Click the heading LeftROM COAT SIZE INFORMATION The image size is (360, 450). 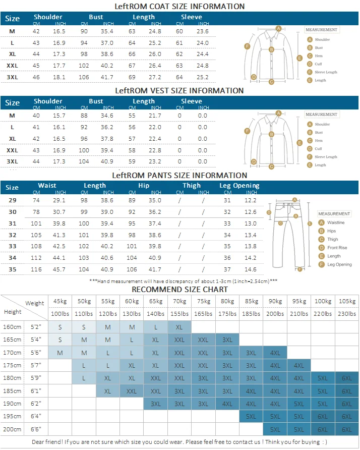[179, 7]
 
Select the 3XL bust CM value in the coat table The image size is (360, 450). [84, 77]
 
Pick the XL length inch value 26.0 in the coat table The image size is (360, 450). [155, 54]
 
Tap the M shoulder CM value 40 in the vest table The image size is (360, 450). [36, 116]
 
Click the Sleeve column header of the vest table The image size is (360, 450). [191, 101]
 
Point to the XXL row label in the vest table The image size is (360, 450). [12, 150]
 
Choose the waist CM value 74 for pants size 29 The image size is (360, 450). [36, 200]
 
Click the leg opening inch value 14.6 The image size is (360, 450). [251, 269]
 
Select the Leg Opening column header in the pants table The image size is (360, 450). [239, 186]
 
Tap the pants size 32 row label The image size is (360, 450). [12, 235]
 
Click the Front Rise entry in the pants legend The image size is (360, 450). [337, 248]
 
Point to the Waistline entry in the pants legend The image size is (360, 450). [336, 222]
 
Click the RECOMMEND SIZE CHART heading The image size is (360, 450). [179, 290]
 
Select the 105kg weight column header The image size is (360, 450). [347, 301]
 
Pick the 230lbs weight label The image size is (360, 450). [347, 314]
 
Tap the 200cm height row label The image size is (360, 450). [12, 429]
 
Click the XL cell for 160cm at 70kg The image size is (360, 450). [179, 327]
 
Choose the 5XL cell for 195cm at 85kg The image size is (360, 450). [251, 416]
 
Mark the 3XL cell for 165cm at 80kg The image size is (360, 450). [227, 340]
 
